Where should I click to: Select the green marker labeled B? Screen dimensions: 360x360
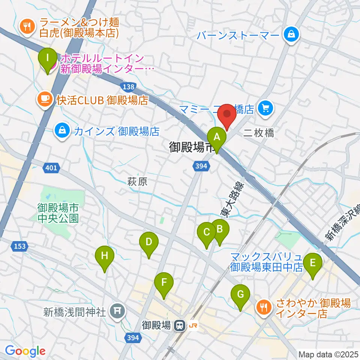pos(220,229)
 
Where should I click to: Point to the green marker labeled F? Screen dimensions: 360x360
pos(164,283)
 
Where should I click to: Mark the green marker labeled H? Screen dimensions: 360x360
pos(105,257)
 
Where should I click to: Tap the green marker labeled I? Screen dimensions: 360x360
pos(48,59)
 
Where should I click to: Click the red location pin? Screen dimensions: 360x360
pos(228,114)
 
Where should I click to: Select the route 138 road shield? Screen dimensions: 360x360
pos(128,87)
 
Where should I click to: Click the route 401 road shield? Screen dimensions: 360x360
pos(51,168)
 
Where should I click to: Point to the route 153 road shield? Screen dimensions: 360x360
pos(20,246)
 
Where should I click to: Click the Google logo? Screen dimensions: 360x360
pos(25,351)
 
